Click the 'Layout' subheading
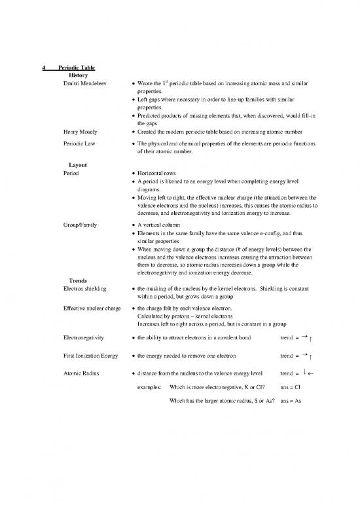coord(69,164)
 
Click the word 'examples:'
coord(150,386)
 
